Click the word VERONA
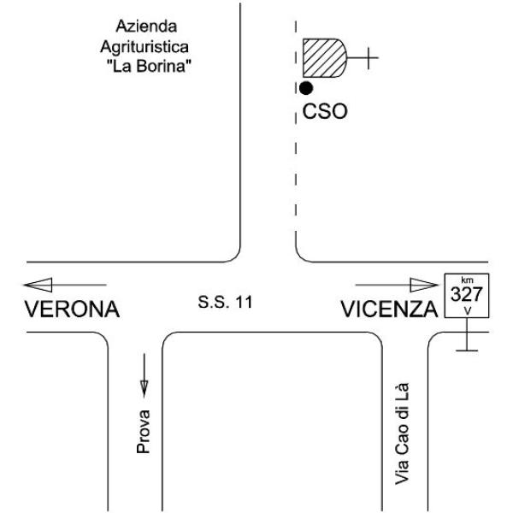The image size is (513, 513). click(73, 310)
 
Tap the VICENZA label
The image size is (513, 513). click(389, 310)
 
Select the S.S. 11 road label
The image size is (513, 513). click(225, 302)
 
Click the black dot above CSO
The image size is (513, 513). click(306, 88)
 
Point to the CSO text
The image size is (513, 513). click(325, 111)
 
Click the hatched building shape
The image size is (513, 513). click(324, 58)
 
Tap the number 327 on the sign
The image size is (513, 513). click(467, 294)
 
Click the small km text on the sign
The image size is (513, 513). click(467, 280)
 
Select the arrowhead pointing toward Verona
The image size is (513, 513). click(38, 285)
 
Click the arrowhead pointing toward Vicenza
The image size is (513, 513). click(424, 285)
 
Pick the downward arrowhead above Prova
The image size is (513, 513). click(144, 388)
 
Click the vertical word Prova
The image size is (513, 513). click(144, 432)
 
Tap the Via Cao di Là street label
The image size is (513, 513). click(402, 433)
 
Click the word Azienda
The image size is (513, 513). click(146, 27)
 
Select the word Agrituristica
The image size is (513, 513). click(144, 47)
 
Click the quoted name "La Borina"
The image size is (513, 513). click(149, 66)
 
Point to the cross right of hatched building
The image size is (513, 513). click(369, 58)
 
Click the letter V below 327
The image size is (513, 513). click(468, 311)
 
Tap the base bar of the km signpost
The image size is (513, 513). click(467, 351)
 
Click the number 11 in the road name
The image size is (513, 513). click(244, 302)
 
